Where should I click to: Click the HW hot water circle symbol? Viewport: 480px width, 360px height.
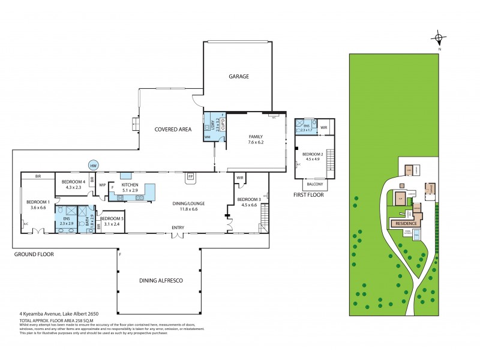click(93, 165)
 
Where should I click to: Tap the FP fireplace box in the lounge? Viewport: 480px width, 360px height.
click(191, 176)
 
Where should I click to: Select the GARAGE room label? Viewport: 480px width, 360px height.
click(238, 77)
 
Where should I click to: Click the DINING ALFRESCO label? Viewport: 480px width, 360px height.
click(161, 281)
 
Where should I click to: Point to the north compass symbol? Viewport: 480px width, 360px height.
click(439, 40)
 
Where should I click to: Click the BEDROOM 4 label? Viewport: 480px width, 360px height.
click(72, 181)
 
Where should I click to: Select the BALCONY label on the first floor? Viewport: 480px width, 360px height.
click(314, 184)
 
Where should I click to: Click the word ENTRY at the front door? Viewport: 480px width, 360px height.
click(178, 227)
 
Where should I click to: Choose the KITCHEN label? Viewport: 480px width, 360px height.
click(130, 185)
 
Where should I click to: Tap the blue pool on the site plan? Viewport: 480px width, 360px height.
click(417, 238)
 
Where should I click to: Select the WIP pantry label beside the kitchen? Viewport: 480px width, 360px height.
click(102, 185)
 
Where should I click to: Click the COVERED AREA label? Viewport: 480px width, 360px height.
click(172, 129)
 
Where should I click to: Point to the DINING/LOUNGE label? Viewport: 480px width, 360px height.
click(190, 203)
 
